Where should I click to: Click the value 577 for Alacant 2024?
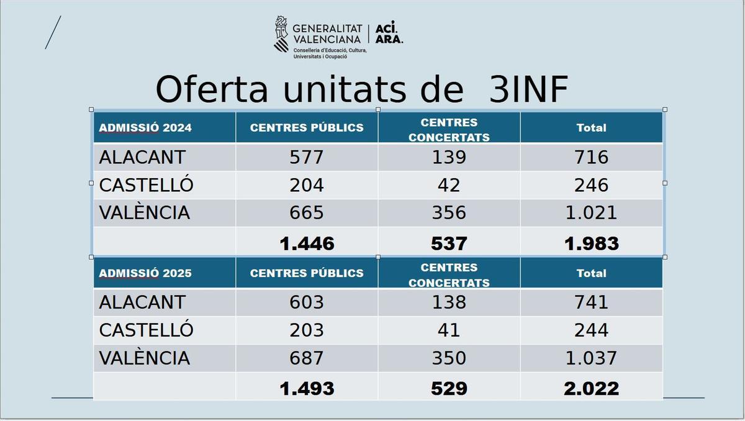(x=307, y=157)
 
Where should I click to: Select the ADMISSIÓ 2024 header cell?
(x=145, y=128)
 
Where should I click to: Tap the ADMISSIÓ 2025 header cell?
(x=145, y=273)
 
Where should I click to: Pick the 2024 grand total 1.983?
(x=591, y=243)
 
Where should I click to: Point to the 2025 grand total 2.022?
(x=591, y=389)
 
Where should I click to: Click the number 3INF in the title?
(x=528, y=90)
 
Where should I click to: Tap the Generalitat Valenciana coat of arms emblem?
(x=282, y=34)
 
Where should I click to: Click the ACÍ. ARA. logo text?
(x=389, y=34)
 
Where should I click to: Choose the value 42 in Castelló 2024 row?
(x=449, y=185)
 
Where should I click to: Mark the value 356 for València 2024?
(x=449, y=213)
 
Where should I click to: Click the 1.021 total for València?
(x=591, y=213)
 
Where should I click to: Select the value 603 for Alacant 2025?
(x=307, y=302)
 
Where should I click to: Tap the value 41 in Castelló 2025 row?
(x=449, y=330)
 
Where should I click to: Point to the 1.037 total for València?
(x=591, y=358)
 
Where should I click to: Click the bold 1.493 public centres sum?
(x=307, y=389)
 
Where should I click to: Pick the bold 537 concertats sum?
(x=449, y=243)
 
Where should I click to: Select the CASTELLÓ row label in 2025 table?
(x=146, y=330)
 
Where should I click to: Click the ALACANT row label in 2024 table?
(x=142, y=157)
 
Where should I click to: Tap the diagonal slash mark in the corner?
(x=53, y=32)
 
